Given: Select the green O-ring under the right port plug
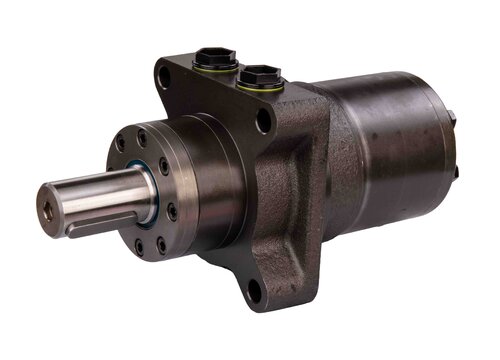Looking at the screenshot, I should click(x=259, y=86).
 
